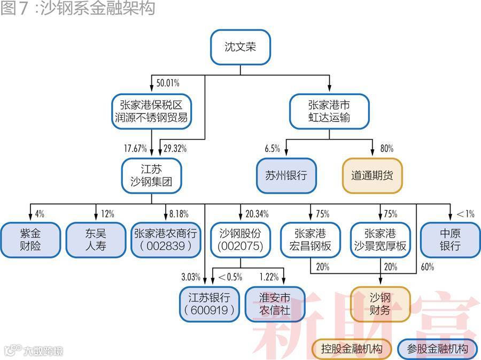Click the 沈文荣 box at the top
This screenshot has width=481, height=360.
(x=240, y=47)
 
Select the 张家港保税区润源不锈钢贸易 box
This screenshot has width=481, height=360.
(x=151, y=111)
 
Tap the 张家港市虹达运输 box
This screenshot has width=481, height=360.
(x=329, y=111)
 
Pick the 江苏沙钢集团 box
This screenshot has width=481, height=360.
(x=151, y=175)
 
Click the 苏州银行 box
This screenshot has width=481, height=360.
(x=286, y=175)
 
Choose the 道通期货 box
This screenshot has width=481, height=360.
(x=372, y=175)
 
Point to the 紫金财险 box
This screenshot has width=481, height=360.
(x=30, y=240)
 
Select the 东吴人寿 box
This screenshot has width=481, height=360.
(x=96, y=240)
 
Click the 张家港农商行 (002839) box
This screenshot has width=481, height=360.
(x=167, y=240)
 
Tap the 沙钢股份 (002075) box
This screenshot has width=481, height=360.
(x=240, y=240)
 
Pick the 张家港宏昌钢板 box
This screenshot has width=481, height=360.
(x=311, y=240)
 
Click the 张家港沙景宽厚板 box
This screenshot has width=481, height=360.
(x=380, y=240)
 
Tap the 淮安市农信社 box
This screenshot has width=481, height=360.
(x=275, y=304)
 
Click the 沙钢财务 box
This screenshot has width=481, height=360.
(x=380, y=304)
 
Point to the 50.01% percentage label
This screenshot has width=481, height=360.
(x=167, y=83)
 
